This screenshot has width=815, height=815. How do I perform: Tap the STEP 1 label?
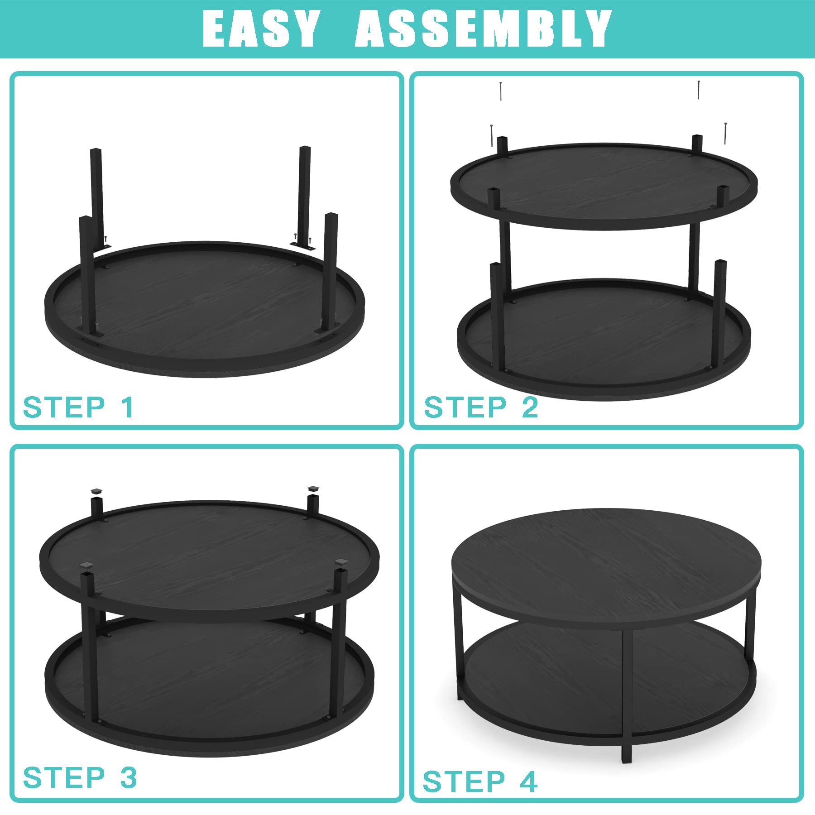(79, 407)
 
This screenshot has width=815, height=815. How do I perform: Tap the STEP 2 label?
(481, 407)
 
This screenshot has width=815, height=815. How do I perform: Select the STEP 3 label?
(80, 777)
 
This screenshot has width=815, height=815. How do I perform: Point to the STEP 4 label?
(480, 781)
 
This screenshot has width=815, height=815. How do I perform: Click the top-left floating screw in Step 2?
(501, 91)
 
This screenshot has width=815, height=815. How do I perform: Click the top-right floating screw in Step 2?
(699, 90)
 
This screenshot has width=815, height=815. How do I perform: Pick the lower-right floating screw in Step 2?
(725, 134)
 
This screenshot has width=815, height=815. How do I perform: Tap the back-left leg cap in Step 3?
(96, 490)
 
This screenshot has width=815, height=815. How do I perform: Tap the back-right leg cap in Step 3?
(313, 489)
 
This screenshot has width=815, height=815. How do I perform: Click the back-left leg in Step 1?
(97, 197)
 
